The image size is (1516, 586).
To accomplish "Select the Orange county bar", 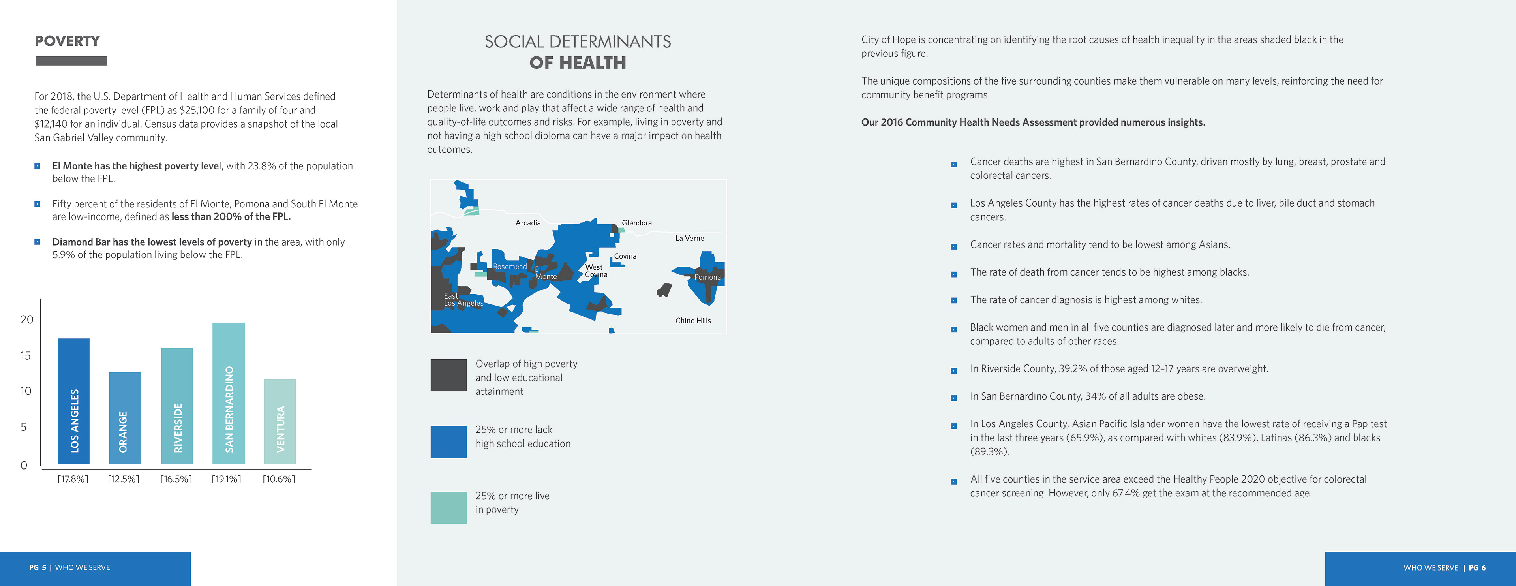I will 125,418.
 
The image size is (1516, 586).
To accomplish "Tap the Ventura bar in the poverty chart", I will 280,421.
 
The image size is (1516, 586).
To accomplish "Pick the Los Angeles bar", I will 73,401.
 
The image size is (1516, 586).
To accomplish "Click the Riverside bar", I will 176,406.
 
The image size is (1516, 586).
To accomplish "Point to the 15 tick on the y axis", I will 25,355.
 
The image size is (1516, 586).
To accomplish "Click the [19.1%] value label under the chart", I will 227,479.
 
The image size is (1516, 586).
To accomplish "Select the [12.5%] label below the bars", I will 124,479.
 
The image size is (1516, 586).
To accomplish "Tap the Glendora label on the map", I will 637,223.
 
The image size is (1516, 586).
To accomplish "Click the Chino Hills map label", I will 693,321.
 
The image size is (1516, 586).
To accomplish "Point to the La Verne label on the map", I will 689,238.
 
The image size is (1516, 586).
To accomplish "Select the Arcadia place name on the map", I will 528,223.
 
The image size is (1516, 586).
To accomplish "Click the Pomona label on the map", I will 707,277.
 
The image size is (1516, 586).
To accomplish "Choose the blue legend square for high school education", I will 448,442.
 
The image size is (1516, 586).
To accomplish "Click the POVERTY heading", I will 67,41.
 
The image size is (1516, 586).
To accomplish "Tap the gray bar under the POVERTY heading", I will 71,60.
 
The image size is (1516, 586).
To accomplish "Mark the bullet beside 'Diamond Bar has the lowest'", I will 38,242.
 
